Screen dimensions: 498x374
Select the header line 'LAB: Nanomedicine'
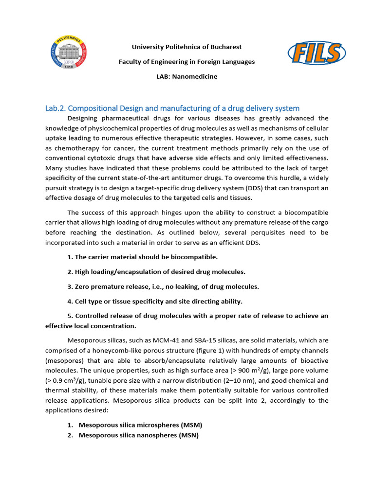(187, 76)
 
